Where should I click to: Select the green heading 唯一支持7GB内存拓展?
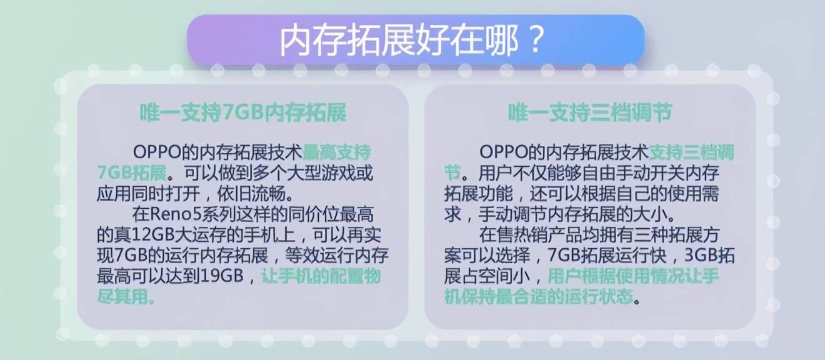pyautogui.click(x=243, y=112)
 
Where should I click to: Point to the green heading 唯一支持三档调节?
pyautogui.click(x=590, y=112)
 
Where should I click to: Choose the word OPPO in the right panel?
pyautogui.click(x=504, y=152)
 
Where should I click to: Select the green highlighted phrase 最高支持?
pyautogui.click(x=336, y=152)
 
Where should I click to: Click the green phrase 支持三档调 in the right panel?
pyautogui.click(x=691, y=152)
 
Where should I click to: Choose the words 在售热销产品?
pyautogui.click(x=531, y=235)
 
